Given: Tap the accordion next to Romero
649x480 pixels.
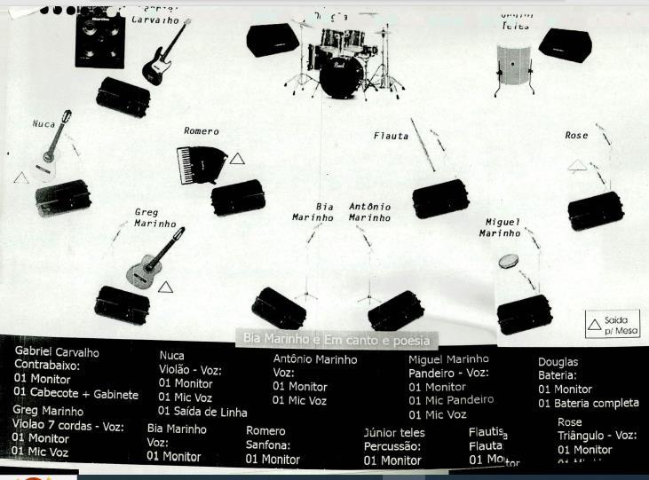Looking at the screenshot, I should point(196,163).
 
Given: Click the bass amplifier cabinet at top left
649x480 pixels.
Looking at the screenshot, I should point(99,37).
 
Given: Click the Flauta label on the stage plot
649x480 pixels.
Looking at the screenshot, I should point(391,136).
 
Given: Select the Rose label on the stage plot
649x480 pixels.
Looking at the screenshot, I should point(576,136).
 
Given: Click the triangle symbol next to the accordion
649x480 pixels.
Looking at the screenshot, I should point(237,159).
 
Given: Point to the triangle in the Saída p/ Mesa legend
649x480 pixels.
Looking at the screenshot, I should point(594,326).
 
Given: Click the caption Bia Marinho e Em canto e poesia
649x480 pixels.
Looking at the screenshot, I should point(336,340).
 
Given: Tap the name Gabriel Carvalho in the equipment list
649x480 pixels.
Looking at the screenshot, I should point(57,351).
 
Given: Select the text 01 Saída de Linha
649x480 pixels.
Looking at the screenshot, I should point(202,412).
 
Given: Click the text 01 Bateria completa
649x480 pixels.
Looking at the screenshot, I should point(588,404).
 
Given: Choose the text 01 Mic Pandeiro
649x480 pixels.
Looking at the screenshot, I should point(451,400).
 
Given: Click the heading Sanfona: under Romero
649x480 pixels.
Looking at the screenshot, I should point(268,445).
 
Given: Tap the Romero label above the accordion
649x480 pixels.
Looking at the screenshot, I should point(201,131).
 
